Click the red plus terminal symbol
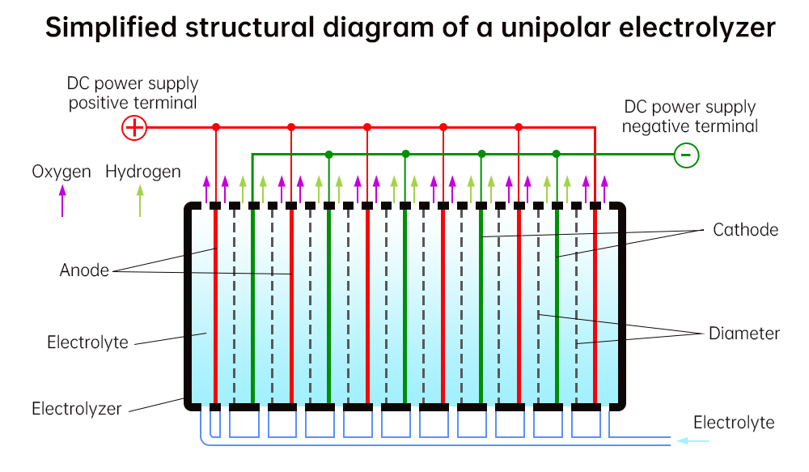[x=133, y=127]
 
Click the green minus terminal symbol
[x=686, y=154]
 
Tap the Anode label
[x=84, y=270]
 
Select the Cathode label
[x=745, y=230]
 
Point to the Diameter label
[x=744, y=333]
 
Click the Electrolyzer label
[x=77, y=408]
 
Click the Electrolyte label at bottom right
[x=734, y=423]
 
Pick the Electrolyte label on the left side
[x=87, y=342]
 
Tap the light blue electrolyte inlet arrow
[x=693, y=440]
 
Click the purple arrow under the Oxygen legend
[x=61, y=200]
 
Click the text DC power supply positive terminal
[x=133, y=93]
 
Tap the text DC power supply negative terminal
[x=690, y=117]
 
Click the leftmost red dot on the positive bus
[x=216, y=127]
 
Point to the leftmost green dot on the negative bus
[x=328, y=154]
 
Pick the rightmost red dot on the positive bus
[x=519, y=127]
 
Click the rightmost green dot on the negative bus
[x=556, y=154]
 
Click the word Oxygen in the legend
[x=61, y=172]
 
